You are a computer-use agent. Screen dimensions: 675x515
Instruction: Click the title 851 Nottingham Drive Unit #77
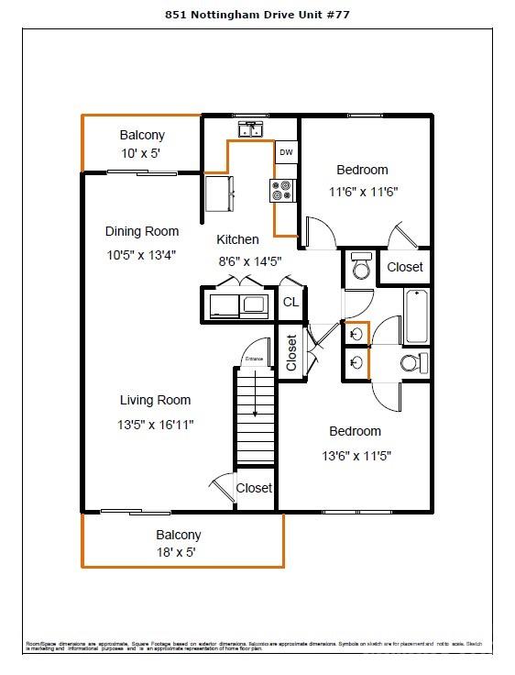point(257,15)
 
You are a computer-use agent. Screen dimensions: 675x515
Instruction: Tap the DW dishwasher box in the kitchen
point(286,152)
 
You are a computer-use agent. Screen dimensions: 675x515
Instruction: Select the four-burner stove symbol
point(282,190)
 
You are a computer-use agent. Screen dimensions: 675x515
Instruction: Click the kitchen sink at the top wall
point(248,130)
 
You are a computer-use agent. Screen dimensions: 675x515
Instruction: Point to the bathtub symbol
point(416,316)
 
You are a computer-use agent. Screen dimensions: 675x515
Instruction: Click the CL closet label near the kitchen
point(290,302)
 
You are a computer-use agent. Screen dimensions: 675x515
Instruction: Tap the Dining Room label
point(142,231)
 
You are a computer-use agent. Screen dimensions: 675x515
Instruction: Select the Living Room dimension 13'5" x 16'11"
point(156,424)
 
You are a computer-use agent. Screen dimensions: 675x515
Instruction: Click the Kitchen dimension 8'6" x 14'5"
point(248,260)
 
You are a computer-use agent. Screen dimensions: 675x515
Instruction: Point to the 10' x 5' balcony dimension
point(142,154)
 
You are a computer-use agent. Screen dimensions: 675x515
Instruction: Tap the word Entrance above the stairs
point(253,359)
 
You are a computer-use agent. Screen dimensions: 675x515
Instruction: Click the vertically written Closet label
point(291,352)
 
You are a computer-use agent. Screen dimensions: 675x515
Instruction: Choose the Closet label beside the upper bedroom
point(404,267)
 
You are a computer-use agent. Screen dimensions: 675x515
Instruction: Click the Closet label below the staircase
point(254,488)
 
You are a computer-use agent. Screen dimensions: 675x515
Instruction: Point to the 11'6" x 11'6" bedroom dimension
point(363,192)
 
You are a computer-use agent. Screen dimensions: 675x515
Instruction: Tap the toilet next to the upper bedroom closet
point(359,266)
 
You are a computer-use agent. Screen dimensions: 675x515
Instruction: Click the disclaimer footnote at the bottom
point(257,647)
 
